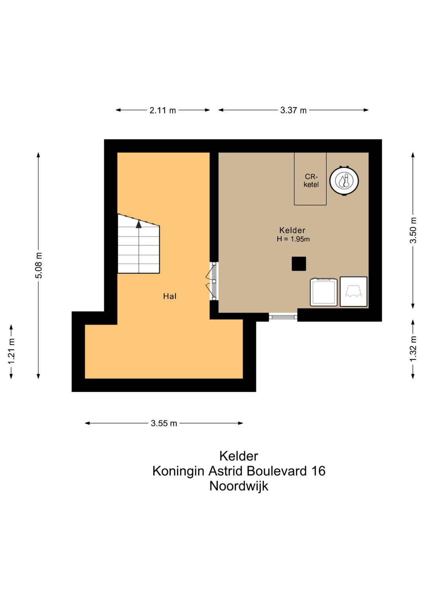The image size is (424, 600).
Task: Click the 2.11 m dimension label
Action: click(x=163, y=110)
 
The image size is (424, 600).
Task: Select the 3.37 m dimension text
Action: click(x=293, y=110)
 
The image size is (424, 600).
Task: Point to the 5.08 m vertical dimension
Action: click(x=39, y=266)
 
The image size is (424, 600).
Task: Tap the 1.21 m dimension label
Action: click(x=11, y=351)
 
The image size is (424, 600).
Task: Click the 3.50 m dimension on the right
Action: click(x=413, y=230)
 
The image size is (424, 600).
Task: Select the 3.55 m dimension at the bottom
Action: click(x=164, y=423)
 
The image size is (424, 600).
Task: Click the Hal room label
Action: click(x=170, y=296)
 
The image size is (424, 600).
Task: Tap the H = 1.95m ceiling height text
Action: click(x=293, y=239)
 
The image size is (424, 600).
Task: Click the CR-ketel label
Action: click(x=311, y=181)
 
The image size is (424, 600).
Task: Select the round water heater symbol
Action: click(x=344, y=181)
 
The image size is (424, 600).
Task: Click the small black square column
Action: click(x=299, y=264)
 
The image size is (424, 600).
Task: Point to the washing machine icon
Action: click(x=324, y=292)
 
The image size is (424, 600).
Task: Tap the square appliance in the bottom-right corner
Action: click(x=353, y=292)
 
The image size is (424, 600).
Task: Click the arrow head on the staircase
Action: click(x=139, y=224)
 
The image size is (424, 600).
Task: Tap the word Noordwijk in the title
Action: click(x=239, y=486)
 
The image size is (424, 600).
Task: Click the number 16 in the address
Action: click(x=318, y=471)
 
